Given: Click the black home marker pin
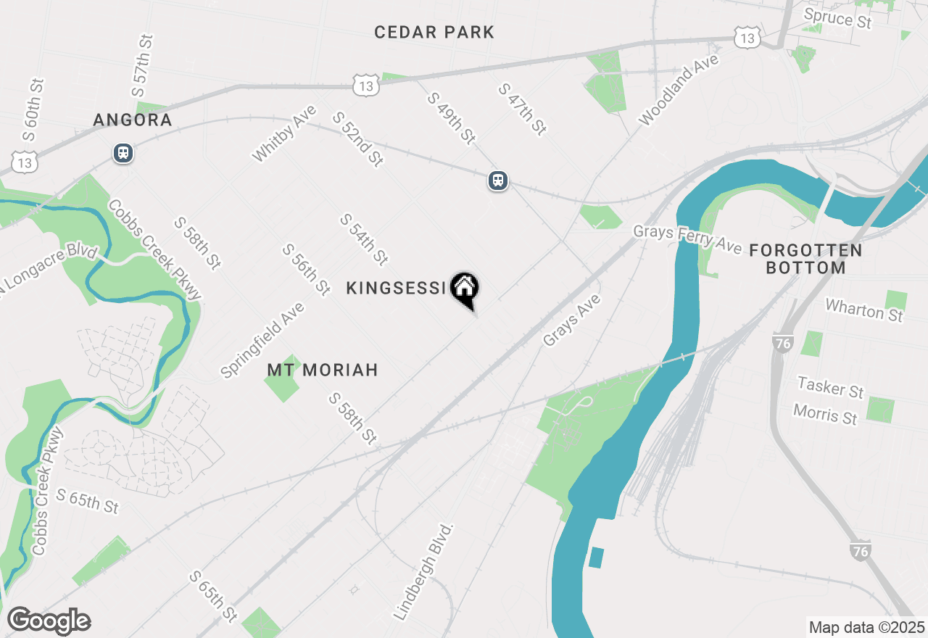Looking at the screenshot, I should pyautogui.click(x=464, y=289).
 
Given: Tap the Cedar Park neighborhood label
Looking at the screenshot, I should pyautogui.click(x=434, y=32).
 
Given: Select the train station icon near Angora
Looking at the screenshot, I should pyautogui.click(x=123, y=153).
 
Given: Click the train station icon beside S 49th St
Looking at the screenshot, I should pyautogui.click(x=498, y=181).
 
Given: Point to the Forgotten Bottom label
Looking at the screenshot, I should pyautogui.click(x=805, y=259).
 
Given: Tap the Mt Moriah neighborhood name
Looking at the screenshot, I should pyautogui.click(x=323, y=370).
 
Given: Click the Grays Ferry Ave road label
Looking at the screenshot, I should pyautogui.click(x=687, y=239).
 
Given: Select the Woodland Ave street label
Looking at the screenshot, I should pyautogui.click(x=679, y=90).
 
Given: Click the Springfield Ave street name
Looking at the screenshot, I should pyautogui.click(x=262, y=340).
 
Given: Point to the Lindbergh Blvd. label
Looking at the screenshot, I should pyautogui.click(x=424, y=571).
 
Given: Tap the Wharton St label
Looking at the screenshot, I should pyautogui.click(x=864, y=310).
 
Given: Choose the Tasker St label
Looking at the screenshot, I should pyautogui.click(x=830, y=387).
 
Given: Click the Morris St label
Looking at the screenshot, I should pyautogui.click(x=825, y=414).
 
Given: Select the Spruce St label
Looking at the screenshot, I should pyautogui.click(x=838, y=17).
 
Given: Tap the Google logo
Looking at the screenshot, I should pyautogui.click(x=49, y=621).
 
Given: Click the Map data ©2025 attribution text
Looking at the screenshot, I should pyautogui.click(x=866, y=626).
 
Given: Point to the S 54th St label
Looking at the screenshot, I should pyautogui.click(x=364, y=239).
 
